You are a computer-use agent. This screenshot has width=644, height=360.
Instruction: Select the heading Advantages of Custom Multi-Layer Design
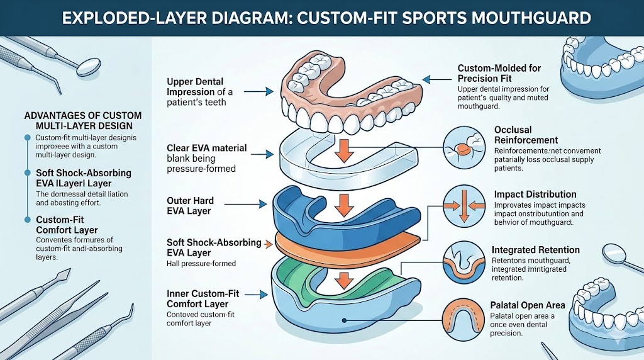[x=82, y=121]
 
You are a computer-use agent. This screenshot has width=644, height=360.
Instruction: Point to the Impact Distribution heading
[x=535, y=194]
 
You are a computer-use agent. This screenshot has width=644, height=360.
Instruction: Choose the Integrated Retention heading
[x=535, y=250]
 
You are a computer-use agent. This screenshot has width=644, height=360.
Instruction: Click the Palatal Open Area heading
[x=527, y=305]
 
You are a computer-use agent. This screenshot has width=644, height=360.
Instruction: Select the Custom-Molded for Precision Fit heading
[x=499, y=73]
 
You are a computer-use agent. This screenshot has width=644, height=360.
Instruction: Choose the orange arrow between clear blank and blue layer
[x=341, y=204]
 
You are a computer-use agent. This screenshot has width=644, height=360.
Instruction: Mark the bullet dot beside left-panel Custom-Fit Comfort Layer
[x=28, y=220]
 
